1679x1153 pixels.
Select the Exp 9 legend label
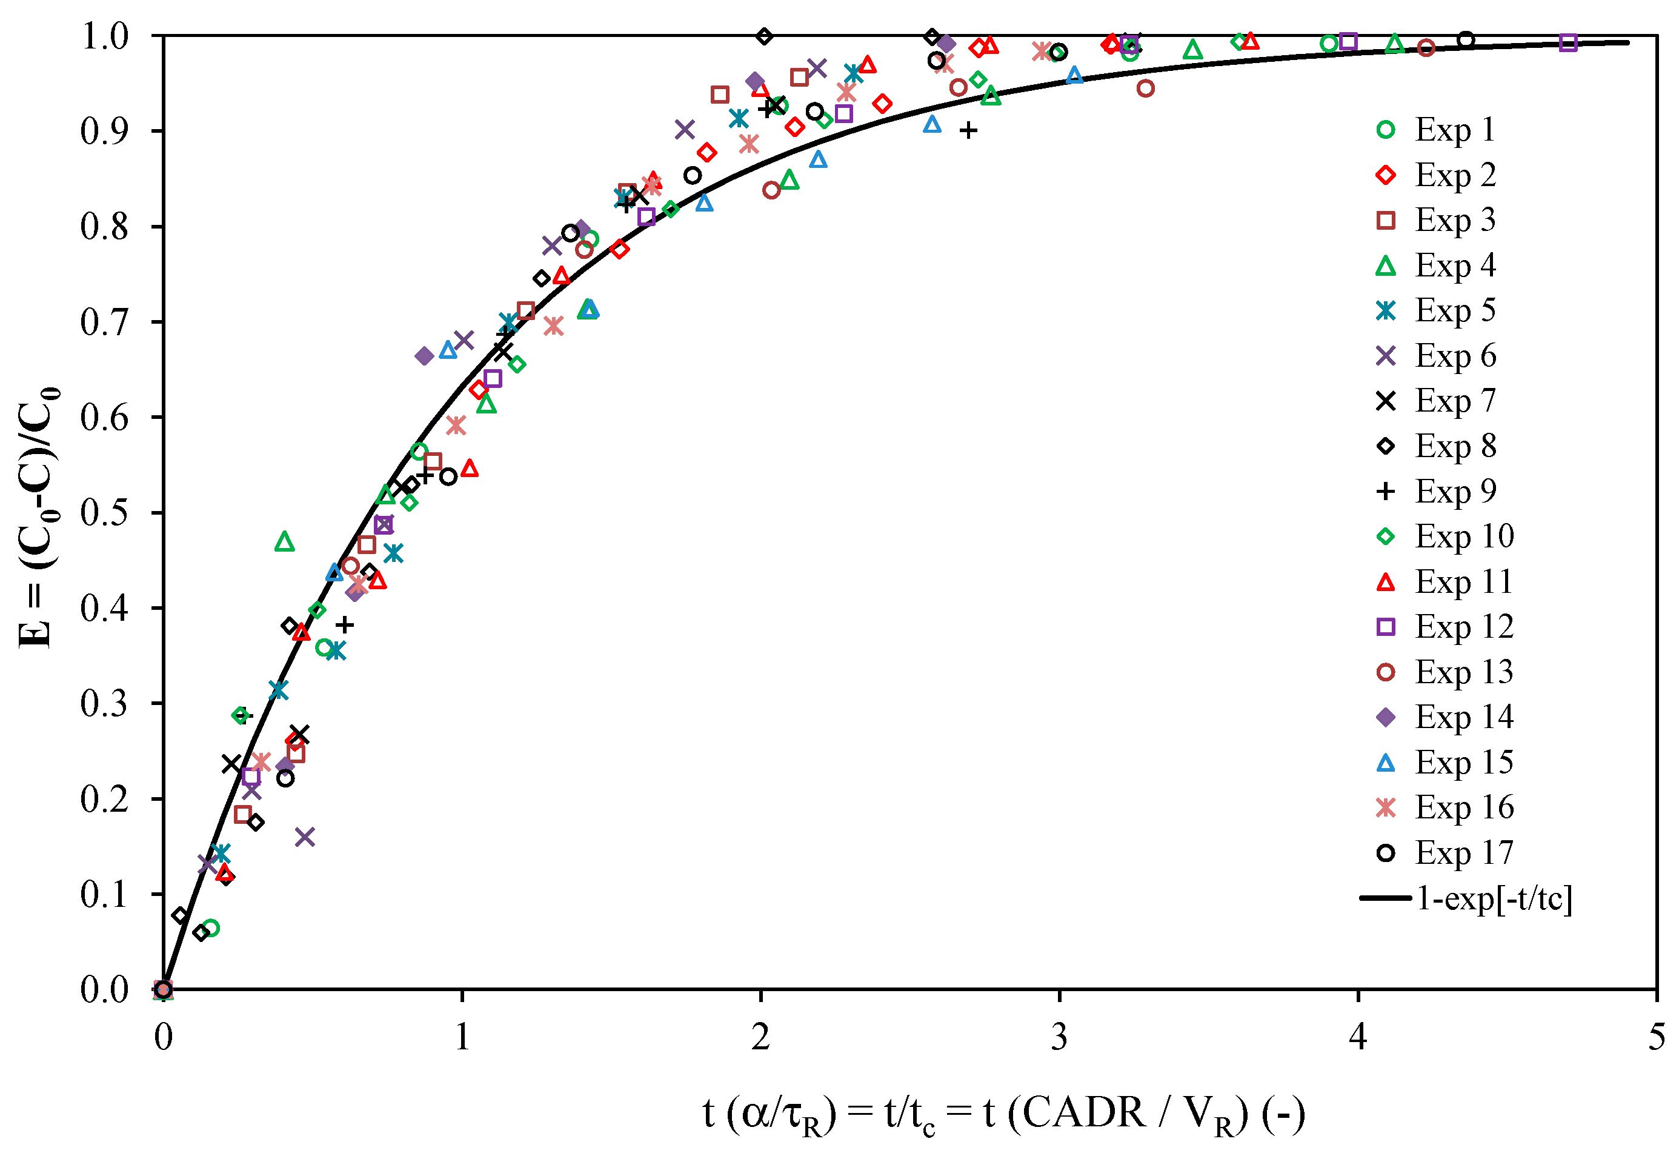tap(1454, 492)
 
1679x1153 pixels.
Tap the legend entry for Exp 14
tap(1463, 717)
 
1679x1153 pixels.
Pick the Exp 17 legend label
tap(1463, 853)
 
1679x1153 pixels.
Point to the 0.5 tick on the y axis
tap(104, 512)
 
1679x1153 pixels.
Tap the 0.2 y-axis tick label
tap(104, 799)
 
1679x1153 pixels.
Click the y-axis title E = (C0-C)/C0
tap(38, 517)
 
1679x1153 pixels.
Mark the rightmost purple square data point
tap(1568, 42)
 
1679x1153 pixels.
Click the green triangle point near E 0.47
tap(285, 542)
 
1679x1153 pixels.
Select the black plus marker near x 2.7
tap(968, 131)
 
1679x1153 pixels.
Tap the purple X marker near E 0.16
tap(305, 837)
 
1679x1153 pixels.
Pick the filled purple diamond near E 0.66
tap(425, 356)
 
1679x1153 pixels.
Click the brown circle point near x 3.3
tap(1145, 88)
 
